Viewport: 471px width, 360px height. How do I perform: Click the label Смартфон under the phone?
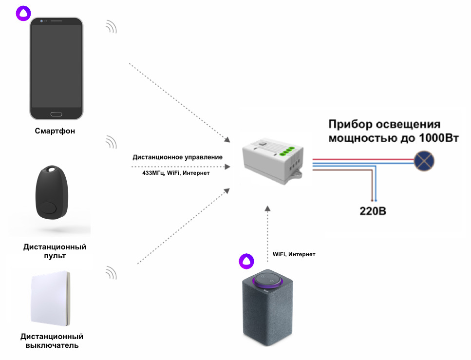55,131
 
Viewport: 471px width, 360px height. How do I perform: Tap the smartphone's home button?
56,114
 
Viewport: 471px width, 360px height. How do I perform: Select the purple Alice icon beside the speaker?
246,261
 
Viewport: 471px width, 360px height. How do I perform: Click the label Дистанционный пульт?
55,251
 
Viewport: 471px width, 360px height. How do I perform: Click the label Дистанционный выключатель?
52,341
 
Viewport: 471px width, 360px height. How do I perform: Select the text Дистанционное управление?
177,157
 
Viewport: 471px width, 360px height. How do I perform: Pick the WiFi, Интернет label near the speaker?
294,254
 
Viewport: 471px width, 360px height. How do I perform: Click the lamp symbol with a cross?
424,160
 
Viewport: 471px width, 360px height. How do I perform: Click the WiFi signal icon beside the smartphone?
112,27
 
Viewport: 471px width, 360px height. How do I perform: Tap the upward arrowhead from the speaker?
267,208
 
